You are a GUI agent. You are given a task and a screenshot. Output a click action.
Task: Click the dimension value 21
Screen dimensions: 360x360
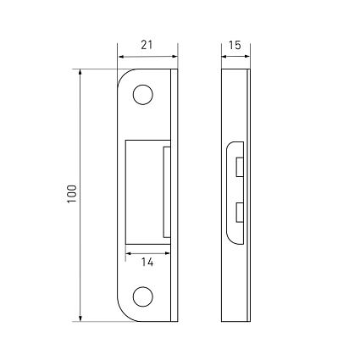pos(147,45)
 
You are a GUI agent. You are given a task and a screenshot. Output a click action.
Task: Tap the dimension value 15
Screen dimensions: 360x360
pos(235,45)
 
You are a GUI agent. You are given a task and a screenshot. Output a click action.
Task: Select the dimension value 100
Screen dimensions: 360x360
pos(72,194)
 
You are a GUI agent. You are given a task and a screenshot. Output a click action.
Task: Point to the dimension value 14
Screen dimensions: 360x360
pos(147,263)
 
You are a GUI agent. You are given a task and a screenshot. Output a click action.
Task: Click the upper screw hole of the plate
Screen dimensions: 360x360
pos(143,95)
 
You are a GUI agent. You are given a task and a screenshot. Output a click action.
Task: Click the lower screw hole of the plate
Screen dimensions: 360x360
pos(143,296)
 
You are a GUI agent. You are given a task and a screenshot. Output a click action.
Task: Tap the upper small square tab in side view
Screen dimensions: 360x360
pos(240,167)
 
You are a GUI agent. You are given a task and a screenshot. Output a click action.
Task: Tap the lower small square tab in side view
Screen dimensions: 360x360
pos(240,213)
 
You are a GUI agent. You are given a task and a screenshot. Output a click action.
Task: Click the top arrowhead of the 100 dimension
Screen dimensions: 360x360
pos(80,72)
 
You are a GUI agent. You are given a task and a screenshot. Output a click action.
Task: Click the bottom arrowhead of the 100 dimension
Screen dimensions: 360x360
pos(80,318)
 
